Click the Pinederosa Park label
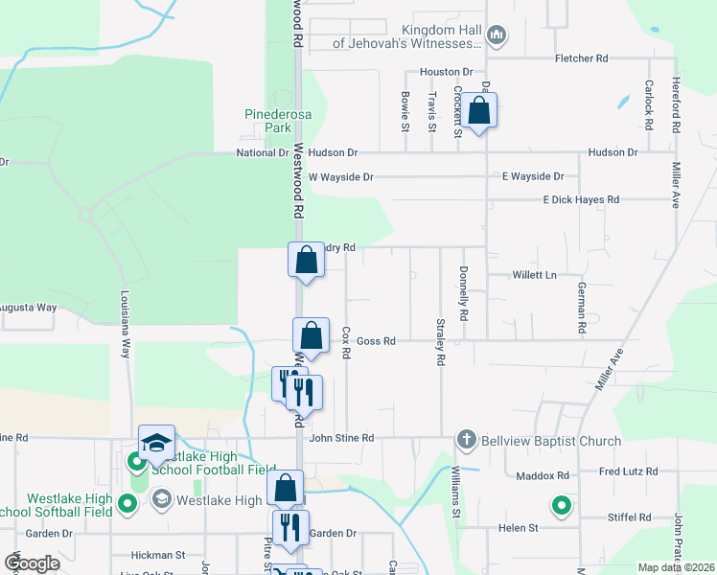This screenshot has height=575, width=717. (x=266, y=120)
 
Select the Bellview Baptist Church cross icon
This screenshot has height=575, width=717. (x=467, y=441)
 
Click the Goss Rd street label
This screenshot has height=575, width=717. (x=376, y=340)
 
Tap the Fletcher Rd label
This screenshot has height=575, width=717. (x=582, y=58)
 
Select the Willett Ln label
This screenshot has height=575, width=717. (x=535, y=274)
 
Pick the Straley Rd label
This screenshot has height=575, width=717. (x=441, y=342)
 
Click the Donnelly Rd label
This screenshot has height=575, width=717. (x=464, y=292)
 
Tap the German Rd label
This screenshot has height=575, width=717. (x=582, y=308)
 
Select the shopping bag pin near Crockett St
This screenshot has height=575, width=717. (x=479, y=111)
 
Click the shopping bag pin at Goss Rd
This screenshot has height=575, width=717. (x=311, y=336)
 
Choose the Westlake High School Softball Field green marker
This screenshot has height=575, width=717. (x=127, y=503)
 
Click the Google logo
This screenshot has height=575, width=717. (x=33, y=564)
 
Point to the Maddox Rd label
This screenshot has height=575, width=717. (x=543, y=475)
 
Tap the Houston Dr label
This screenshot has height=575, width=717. (x=447, y=72)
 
